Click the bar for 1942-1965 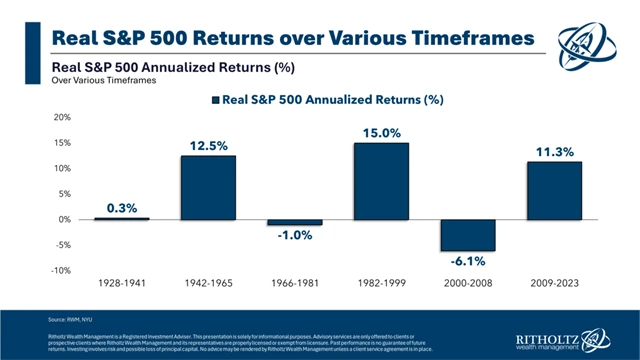pos(208,187)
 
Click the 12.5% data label pos(208,146)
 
